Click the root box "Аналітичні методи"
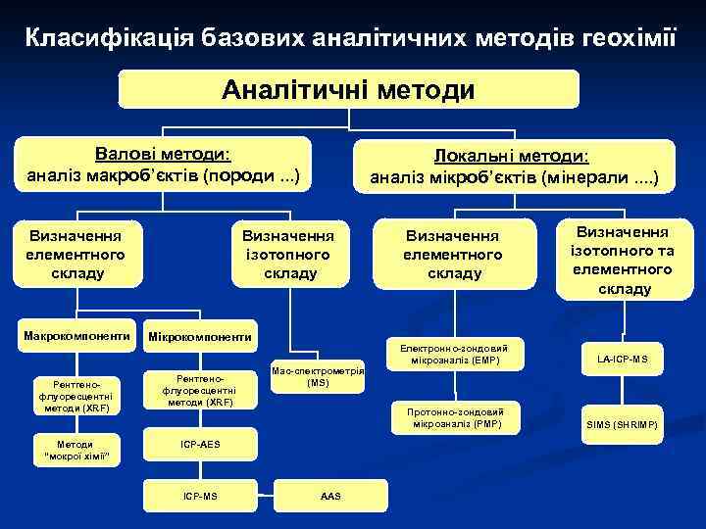[x=348, y=90]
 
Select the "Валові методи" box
[x=163, y=166]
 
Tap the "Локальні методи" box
[x=514, y=167]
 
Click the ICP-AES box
[x=200, y=444]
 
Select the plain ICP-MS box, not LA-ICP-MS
[x=200, y=496]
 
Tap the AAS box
[x=330, y=496]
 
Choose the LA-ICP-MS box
[x=622, y=360]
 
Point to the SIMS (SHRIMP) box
[x=622, y=423]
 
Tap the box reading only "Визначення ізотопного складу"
[x=290, y=253]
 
